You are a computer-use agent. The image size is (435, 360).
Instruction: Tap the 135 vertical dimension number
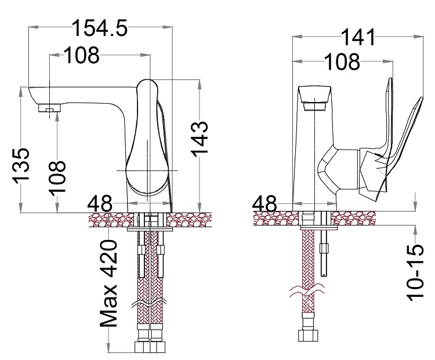coord(20,165)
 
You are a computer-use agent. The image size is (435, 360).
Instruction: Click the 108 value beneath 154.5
coord(81,56)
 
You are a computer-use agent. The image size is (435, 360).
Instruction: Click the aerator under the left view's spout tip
coord(49,108)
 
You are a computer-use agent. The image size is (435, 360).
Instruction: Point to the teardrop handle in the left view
coord(147,139)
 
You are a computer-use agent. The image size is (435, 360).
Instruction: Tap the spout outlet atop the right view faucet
coord(314,99)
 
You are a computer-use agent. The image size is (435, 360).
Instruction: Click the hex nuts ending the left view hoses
coord(150,348)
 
